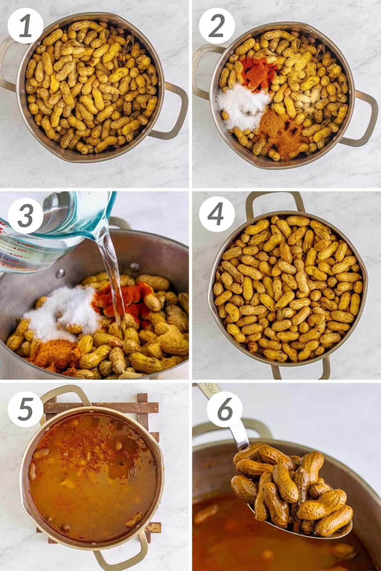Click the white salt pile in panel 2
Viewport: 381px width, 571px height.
pos(244,106)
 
